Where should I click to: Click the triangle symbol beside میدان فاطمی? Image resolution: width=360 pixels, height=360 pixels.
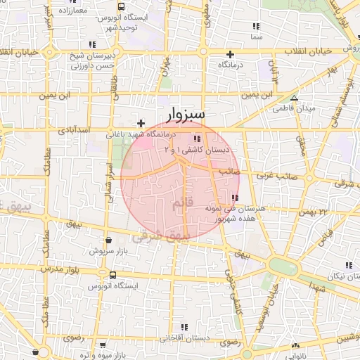(294, 98)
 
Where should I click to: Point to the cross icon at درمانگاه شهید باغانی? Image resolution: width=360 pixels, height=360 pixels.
(141, 123)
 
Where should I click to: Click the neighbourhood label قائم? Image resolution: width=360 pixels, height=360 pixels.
(181, 203)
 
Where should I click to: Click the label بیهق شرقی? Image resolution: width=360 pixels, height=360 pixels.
(162, 238)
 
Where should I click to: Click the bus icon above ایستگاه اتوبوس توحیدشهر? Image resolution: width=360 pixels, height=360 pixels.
(122, 6)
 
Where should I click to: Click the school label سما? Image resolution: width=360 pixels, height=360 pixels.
(255, 35)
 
